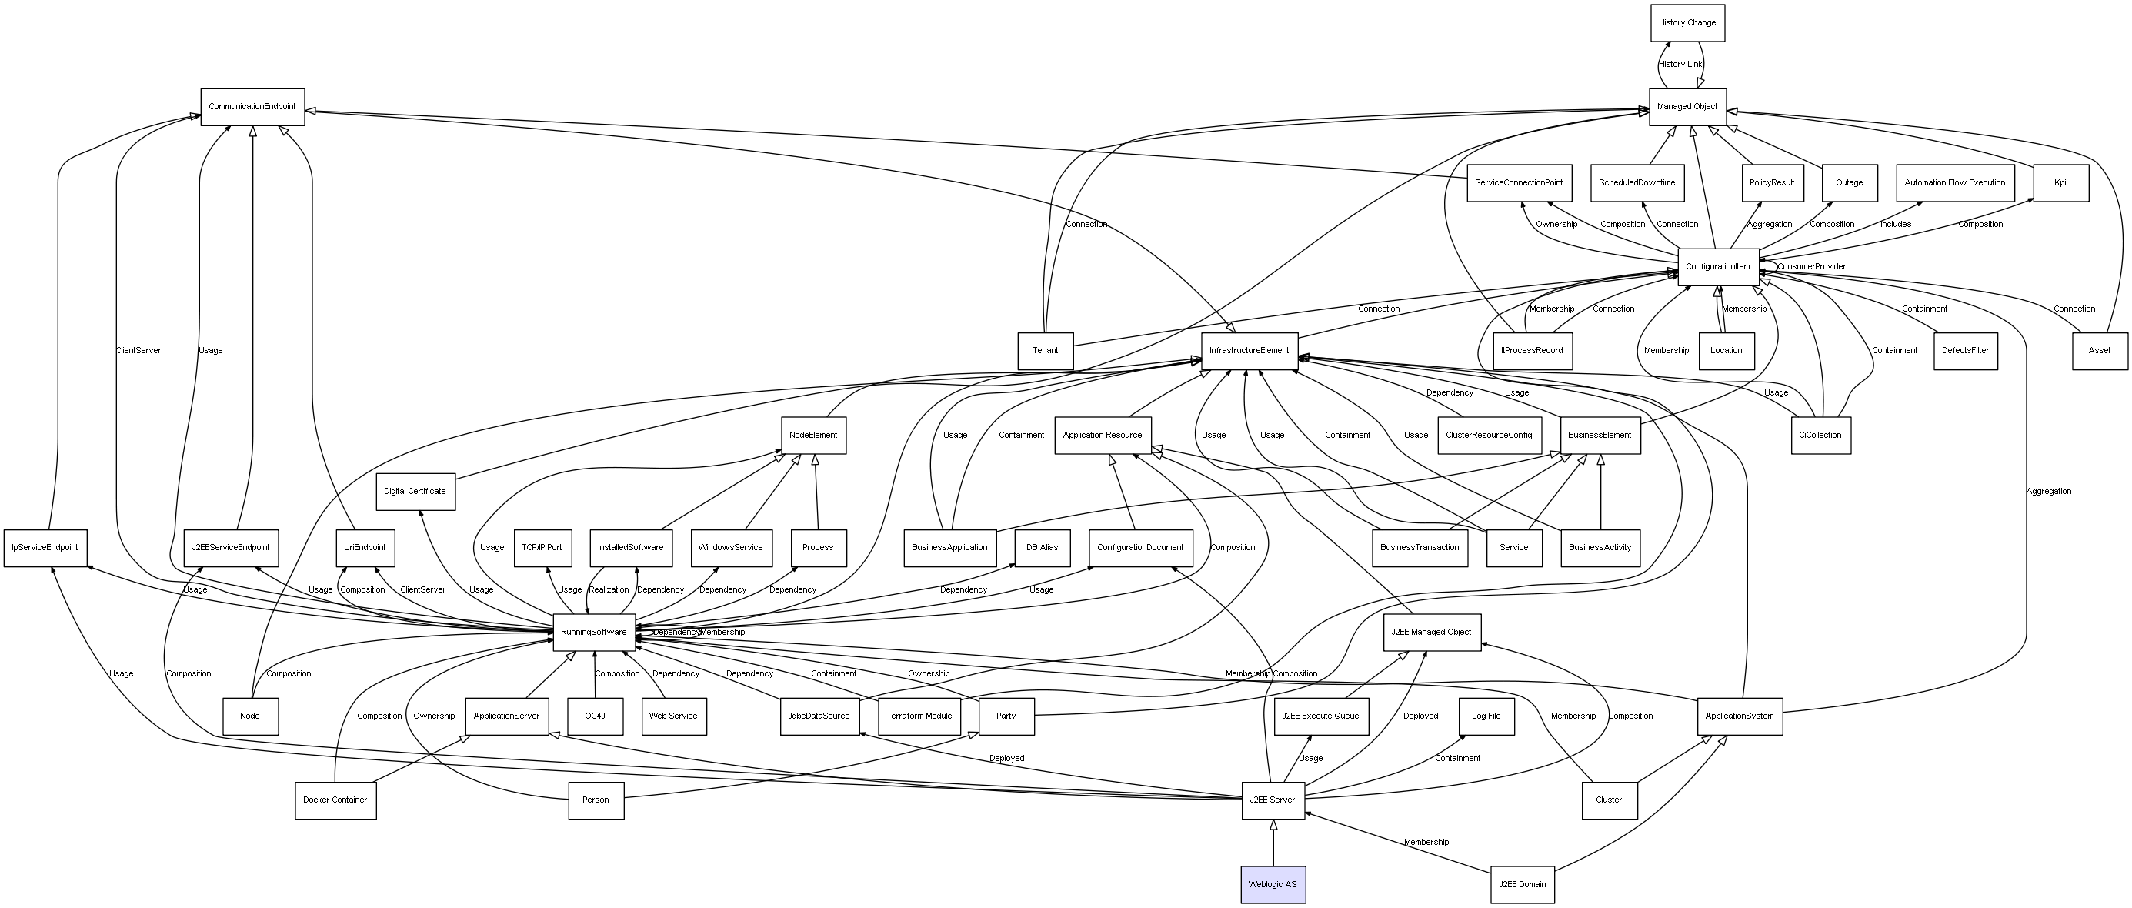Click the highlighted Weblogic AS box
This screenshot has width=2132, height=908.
coord(1273,885)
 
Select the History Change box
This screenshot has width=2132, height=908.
coord(1687,22)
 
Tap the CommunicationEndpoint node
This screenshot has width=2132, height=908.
coord(252,107)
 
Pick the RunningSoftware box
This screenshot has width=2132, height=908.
coord(593,633)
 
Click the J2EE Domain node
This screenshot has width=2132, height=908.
coord(1521,885)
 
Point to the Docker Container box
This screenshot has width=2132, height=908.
coord(335,800)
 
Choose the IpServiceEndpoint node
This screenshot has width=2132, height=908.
coord(45,548)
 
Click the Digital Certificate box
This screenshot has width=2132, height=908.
coord(415,492)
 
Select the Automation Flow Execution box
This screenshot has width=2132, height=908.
coord(1954,183)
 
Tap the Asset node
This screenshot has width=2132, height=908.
coord(2099,351)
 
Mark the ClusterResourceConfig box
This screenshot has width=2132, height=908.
coord(1489,436)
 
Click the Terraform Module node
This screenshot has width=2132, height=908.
coord(919,716)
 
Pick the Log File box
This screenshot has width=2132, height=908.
coord(1486,716)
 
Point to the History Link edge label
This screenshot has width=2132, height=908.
coord(1680,65)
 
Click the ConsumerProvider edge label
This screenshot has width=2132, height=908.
coord(1811,267)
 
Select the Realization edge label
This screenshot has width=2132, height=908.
coord(609,590)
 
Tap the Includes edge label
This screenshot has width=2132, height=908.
coord(1895,225)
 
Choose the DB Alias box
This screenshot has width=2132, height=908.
coord(1042,548)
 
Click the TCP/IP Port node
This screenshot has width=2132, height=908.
coord(542,548)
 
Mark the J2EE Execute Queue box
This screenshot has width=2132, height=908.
coord(1320,716)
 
